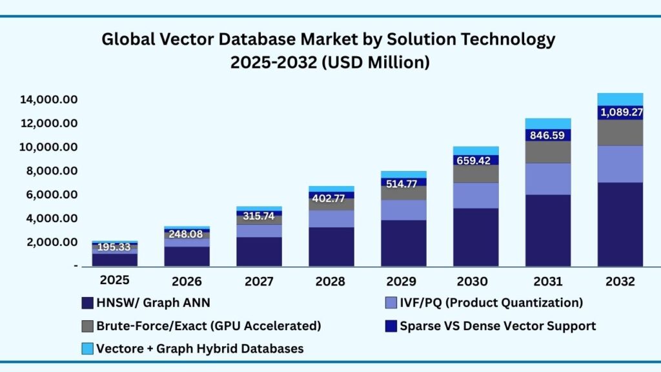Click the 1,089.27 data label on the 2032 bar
click(620, 112)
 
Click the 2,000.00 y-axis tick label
click(51, 242)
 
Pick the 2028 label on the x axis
click(331, 282)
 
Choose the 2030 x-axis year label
click(476, 282)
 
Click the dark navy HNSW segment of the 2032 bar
click(620, 224)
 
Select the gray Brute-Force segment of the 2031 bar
click(548, 152)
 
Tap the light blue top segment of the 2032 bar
click(620, 99)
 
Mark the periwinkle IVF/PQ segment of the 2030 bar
click(476, 195)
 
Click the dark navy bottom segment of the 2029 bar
click(403, 243)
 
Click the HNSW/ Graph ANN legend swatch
click(88, 303)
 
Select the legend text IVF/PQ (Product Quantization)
click(491, 303)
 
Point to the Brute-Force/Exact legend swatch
click(88, 326)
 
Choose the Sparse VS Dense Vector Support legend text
click(498, 326)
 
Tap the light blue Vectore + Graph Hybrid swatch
click(88, 349)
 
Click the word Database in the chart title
click(250, 39)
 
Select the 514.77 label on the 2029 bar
click(403, 183)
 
